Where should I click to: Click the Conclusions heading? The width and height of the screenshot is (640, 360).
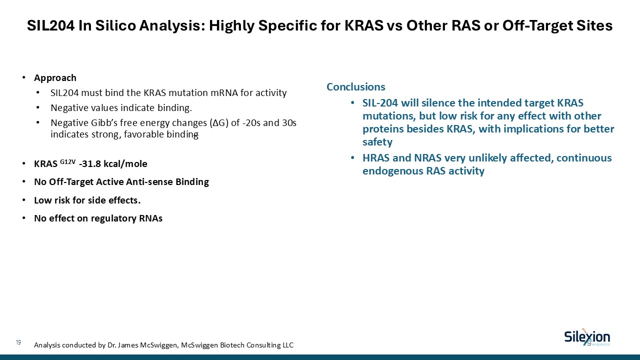tap(355, 87)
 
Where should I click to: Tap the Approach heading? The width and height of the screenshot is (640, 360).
tap(55, 78)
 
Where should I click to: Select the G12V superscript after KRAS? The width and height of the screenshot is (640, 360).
tap(67, 161)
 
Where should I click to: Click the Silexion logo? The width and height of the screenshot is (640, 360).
tap(587, 337)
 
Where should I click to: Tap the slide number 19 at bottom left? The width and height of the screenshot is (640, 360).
tap(18, 342)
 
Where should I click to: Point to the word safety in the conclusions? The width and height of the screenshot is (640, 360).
tap(377, 142)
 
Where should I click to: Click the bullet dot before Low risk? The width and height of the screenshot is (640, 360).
tap(24, 200)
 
